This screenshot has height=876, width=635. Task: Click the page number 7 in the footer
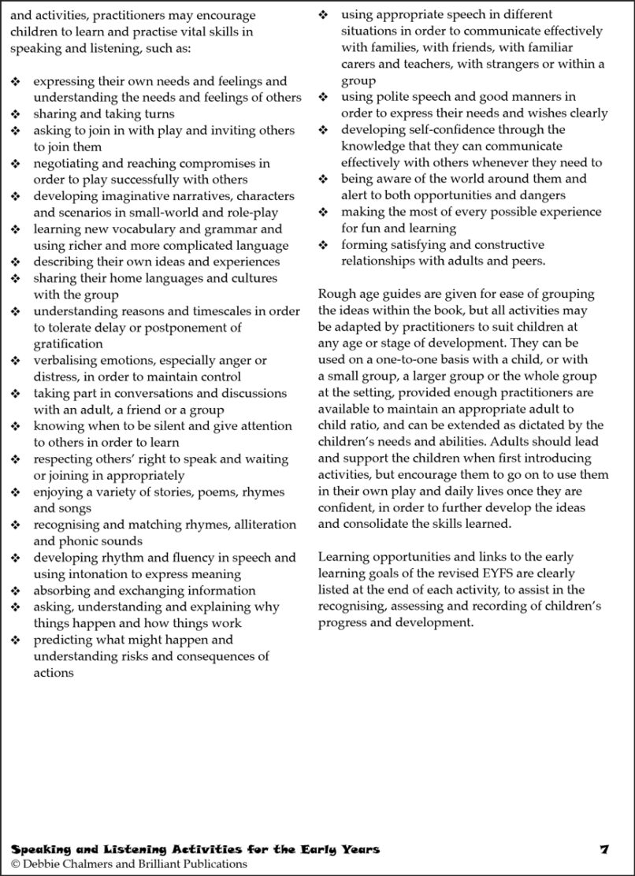(603, 849)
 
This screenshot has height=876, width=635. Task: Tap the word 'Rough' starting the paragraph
(336, 294)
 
